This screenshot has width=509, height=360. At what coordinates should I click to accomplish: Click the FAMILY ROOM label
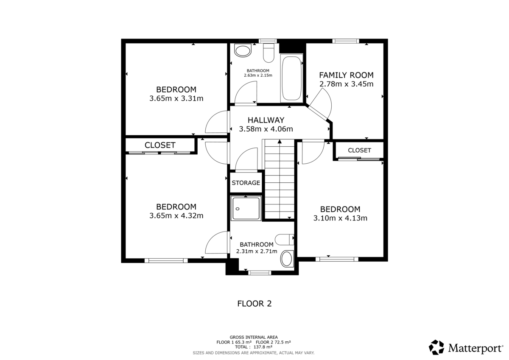pyautogui.click(x=346, y=75)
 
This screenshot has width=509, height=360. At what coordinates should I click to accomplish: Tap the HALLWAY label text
pyautogui.click(x=266, y=120)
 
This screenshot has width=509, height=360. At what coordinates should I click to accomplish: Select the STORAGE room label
pyautogui.click(x=246, y=183)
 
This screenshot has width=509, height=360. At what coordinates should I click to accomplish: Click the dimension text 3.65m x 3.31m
pyautogui.click(x=176, y=98)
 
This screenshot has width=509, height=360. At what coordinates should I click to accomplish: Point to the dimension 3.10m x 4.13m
pyautogui.click(x=340, y=218)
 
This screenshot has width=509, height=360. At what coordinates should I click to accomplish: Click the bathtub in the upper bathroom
pyautogui.click(x=291, y=78)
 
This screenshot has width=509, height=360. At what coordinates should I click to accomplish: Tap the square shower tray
pyautogui.click(x=246, y=208)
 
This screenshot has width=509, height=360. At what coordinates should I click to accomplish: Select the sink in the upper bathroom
pyautogui.click(x=243, y=51)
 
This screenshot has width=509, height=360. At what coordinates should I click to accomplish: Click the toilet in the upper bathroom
pyautogui.click(x=268, y=53)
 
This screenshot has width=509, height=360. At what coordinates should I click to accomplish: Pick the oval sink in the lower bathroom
pyautogui.click(x=287, y=258)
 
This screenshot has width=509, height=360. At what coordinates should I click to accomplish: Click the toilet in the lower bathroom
pyautogui.click(x=283, y=240)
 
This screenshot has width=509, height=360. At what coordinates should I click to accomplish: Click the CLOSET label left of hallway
pyautogui.click(x=160, y=145)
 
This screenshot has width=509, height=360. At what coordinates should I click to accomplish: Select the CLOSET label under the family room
pyautogui.click(x=359, y=150)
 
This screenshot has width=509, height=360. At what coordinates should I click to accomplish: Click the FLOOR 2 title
pyautogui.click(x=254, y=304)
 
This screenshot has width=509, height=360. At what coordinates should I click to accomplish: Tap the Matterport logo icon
pyautogui.click(x=436, y=347)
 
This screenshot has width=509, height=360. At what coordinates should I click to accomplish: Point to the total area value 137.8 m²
pyautogui.click(x=263, y=346)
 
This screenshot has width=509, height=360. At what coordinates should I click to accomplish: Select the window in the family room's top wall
pyautogui.click(x=346, y=41)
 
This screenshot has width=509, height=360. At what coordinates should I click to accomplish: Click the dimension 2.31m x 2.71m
pyautogui.click(x=256, y=251)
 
